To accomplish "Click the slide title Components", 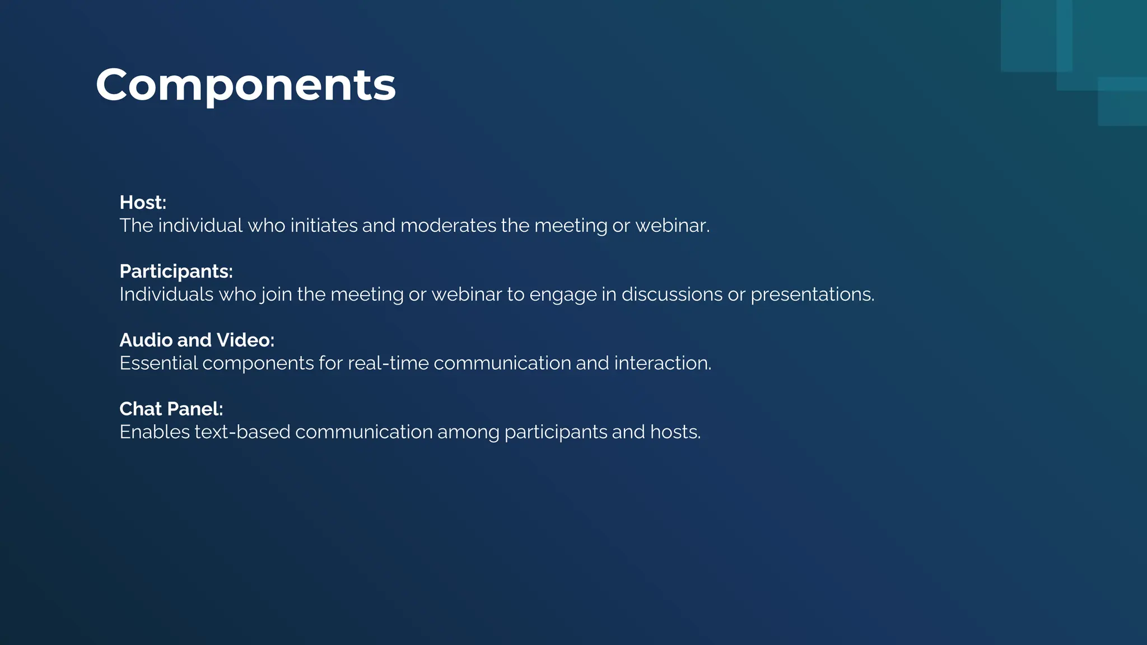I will pyautogui.click(x=245, y=85).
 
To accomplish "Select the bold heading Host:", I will pyautogui.click(x=143, y=203).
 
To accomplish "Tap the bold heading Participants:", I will pyautogui.click(x=176, y=272).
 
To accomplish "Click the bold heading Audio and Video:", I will pyautogui.click(x=197, y=340).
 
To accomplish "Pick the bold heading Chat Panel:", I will pyautogui.click(x=171, y=409).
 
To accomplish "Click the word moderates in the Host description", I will pyautogui.click(x=447, y=226).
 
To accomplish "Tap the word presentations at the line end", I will pyautogui.click(x=811, y=295).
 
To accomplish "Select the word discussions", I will pyautogui.click(x=672, y=295).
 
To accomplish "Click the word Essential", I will pyautogui.click(x=158, y=363).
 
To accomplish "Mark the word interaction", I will pyautogui.click(x=661, y=363).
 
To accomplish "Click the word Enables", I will pyautogui.click(x=155, y=432).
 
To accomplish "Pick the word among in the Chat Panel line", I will pyautogui.click(x=468, y=432).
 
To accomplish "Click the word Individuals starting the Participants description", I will pyautogui.click(x=166, y=295).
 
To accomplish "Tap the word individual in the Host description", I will pyautogui.click(x=200, y=226).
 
